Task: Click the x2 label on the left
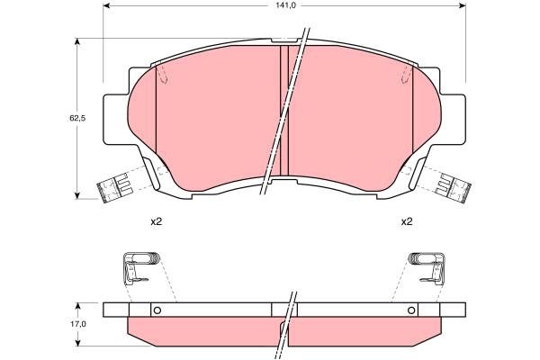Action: pyautogui.click(x=155, y=221)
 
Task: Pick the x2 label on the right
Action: pyautogui.click(x=406, y=221)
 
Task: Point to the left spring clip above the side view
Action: pyautogui.click(x=139, y=267)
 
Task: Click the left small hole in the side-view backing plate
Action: pyautogui.click(x=156, y=311)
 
